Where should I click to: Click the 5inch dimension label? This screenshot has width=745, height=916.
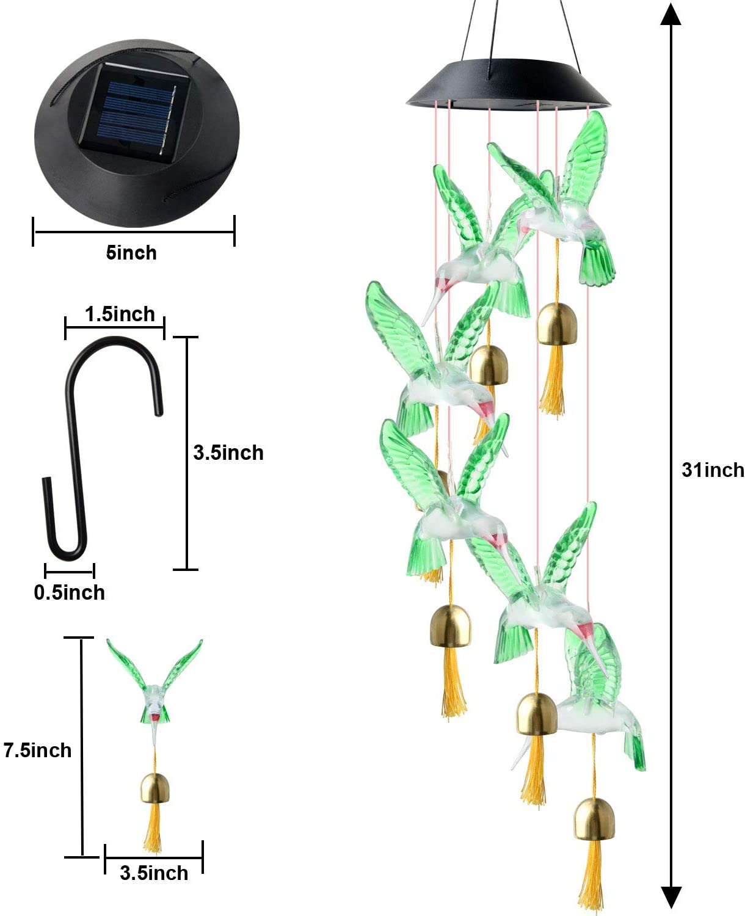(x=131, y=253)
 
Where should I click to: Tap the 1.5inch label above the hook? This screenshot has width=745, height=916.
(x=120, y=314)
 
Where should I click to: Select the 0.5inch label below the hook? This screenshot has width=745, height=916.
(x=69, y=592)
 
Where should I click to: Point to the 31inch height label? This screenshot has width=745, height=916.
(x=712, y=470)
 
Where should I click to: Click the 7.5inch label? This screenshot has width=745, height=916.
(x=37, y=750)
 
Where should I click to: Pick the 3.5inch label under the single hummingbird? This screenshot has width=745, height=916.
(x=154, y=873)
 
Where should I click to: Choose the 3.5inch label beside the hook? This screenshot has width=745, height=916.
(x=228, y=453)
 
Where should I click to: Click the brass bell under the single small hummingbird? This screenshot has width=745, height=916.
(x=155, y=788)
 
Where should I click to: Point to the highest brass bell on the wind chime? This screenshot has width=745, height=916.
(x=557, y=324)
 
